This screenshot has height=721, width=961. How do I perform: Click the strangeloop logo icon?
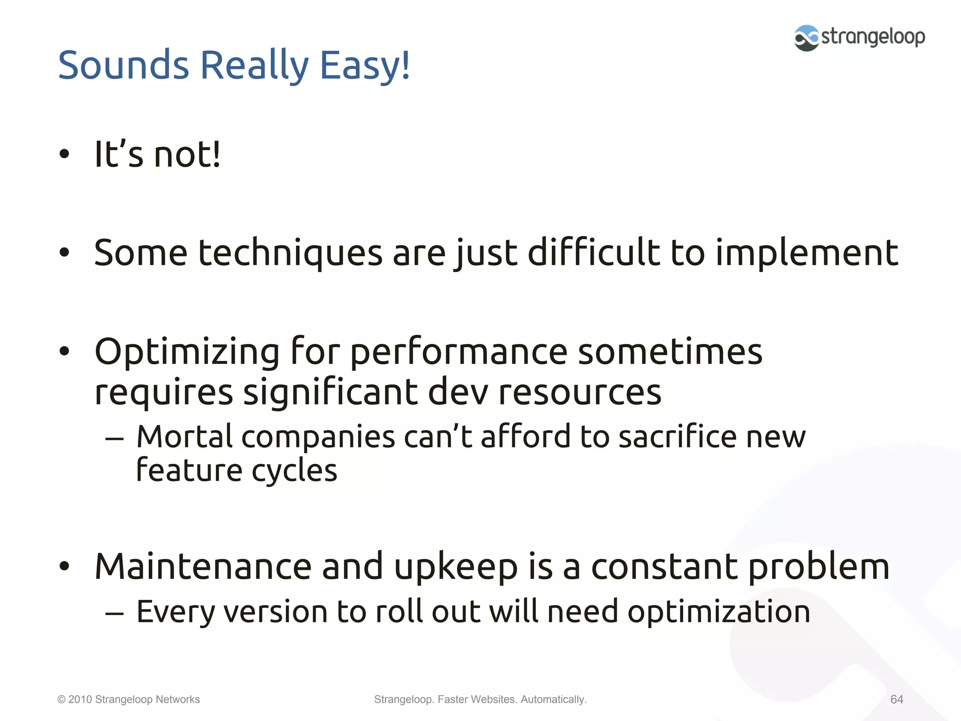[806, 38]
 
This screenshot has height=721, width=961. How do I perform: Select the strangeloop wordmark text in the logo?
[873, 37]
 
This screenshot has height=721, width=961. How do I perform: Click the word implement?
[807, 253]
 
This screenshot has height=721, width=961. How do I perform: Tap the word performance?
[458, 352]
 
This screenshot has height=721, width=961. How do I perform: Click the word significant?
[330, 392]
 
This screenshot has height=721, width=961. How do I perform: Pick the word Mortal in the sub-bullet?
[184, 437]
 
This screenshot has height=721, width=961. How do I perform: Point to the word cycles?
[294, 470]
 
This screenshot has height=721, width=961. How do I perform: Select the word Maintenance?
[203, 566]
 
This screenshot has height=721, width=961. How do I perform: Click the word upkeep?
[456, 567]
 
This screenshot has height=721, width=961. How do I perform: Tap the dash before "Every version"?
[114, 613]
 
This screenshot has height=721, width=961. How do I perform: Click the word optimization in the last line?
[718, 612]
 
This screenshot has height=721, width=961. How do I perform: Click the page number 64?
[896, 699]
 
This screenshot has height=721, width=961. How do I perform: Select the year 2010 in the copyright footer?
[80, 699]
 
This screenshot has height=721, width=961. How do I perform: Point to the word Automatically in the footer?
[553, 699]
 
